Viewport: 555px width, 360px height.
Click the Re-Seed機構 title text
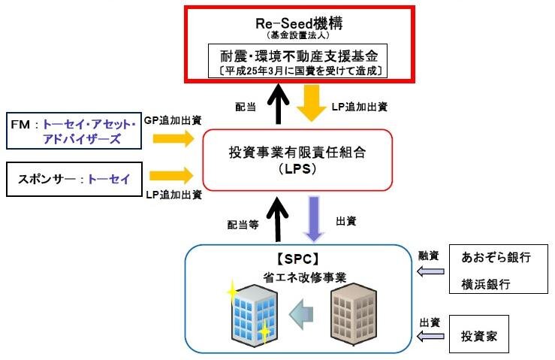[x=299, y=23]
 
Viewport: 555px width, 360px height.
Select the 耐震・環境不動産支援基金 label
[x=299, y=56]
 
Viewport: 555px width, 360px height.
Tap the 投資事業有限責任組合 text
[x=297, y=153]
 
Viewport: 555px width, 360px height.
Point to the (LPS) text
[x=297, y=168]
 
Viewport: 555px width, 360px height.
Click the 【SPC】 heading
[x=298, y=259]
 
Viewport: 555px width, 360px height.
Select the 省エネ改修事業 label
[x=304, y=277]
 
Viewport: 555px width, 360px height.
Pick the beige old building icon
[x=354, y=314]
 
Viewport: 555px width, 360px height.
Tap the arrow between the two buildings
[x=301, y=314]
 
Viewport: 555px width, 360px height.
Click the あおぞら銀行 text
[x=496, y=257]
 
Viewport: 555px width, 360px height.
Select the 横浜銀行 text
[x=486, y=284]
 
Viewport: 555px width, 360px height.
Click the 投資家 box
[x=479, y=334]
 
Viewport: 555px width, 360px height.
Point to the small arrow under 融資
[x=431, y=271]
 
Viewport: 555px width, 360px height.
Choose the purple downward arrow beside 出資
[x=314, y=219]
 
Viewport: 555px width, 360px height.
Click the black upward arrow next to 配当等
[x=278, y=219]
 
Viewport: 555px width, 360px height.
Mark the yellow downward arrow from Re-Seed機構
[x=312, y=103]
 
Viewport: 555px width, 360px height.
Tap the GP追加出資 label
[x=173, y=120]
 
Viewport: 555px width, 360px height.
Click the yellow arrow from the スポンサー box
[x=172, y=176]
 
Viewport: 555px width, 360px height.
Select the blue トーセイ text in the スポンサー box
[x=109, y=179]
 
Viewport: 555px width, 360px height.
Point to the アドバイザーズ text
[x=82, y=139]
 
